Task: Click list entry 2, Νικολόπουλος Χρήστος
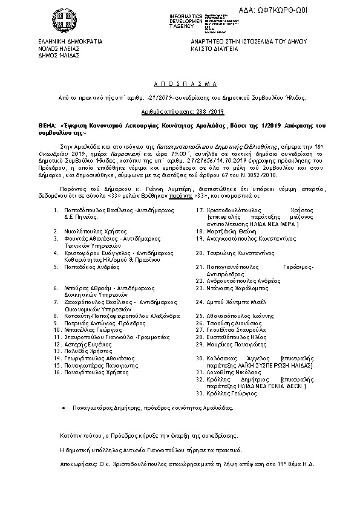click(95, 231)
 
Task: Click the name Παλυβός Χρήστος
click(88, 351)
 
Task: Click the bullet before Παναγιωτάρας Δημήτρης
click(64, 408)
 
